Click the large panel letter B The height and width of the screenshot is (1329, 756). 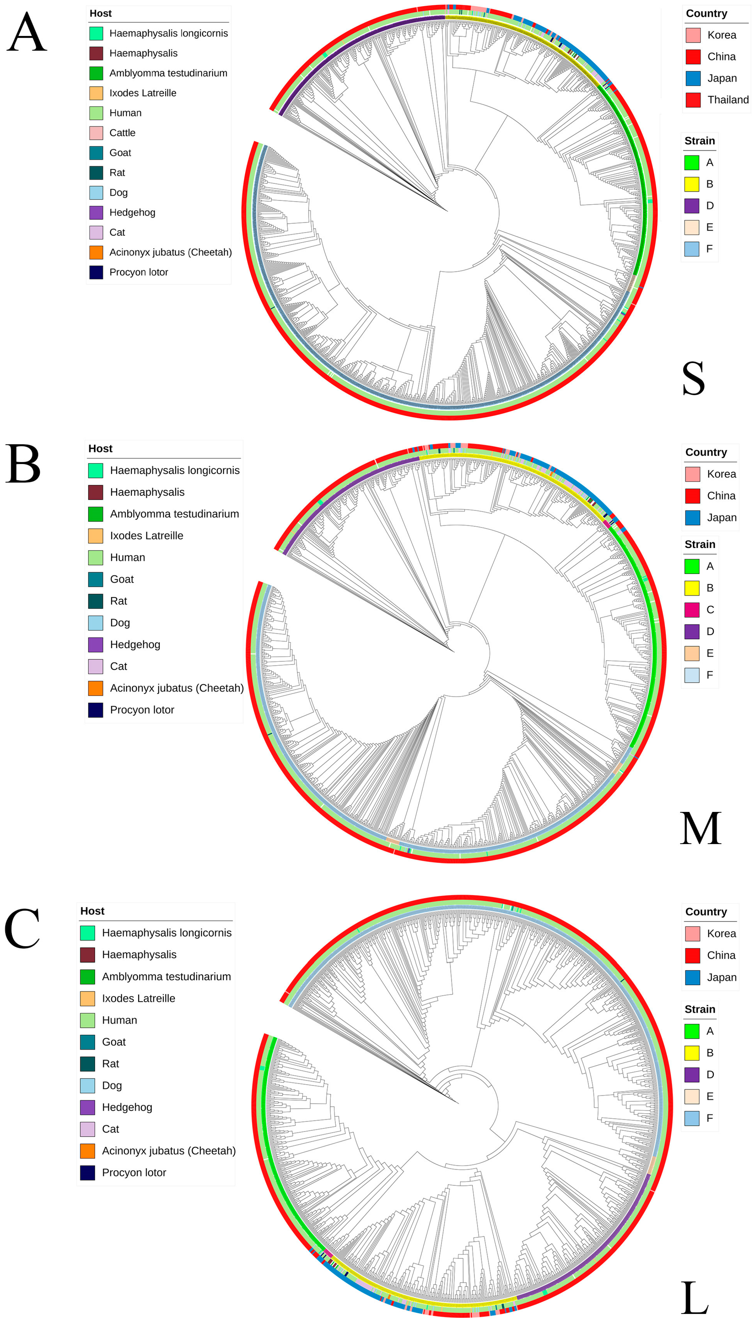pyautogui.click(x=23, y=464)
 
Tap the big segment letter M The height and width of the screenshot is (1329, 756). pyautogui.click(x=700, y=828)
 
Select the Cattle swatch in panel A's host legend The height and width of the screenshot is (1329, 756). pyautogui.click(x=96, y=133)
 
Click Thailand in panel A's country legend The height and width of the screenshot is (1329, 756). pyautogui.click(x=727, y=100)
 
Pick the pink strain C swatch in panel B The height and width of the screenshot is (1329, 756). pyautogui.click(x=692, y=610)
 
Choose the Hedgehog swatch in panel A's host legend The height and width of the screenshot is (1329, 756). pyautogui.click(x=96, y=212)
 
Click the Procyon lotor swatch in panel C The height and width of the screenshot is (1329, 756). pyautogui.click(x=87, y=1172)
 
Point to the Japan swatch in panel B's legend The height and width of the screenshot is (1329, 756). pyautogui.click(x=692, y=517)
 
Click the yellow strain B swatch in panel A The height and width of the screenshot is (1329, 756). pyautogui.click(x=692, y=184)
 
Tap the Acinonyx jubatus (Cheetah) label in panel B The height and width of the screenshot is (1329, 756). pyautogui.click(x=176, y=688)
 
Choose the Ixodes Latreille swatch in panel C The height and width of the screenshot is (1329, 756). pyautogui.click(x=87, y=998)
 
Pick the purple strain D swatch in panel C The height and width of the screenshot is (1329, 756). pyautogui.click(x=692, y=1074)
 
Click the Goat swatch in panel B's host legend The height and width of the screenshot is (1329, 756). pyautogui.click(x=95, y=579)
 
